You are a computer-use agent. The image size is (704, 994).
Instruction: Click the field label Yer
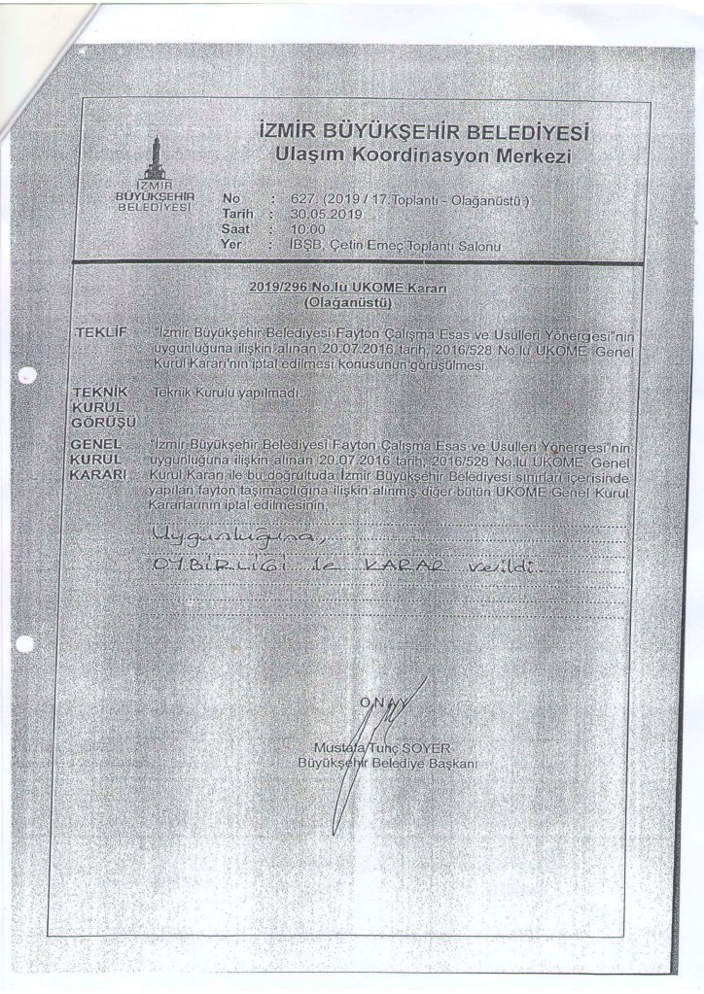tap(230, 247)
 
